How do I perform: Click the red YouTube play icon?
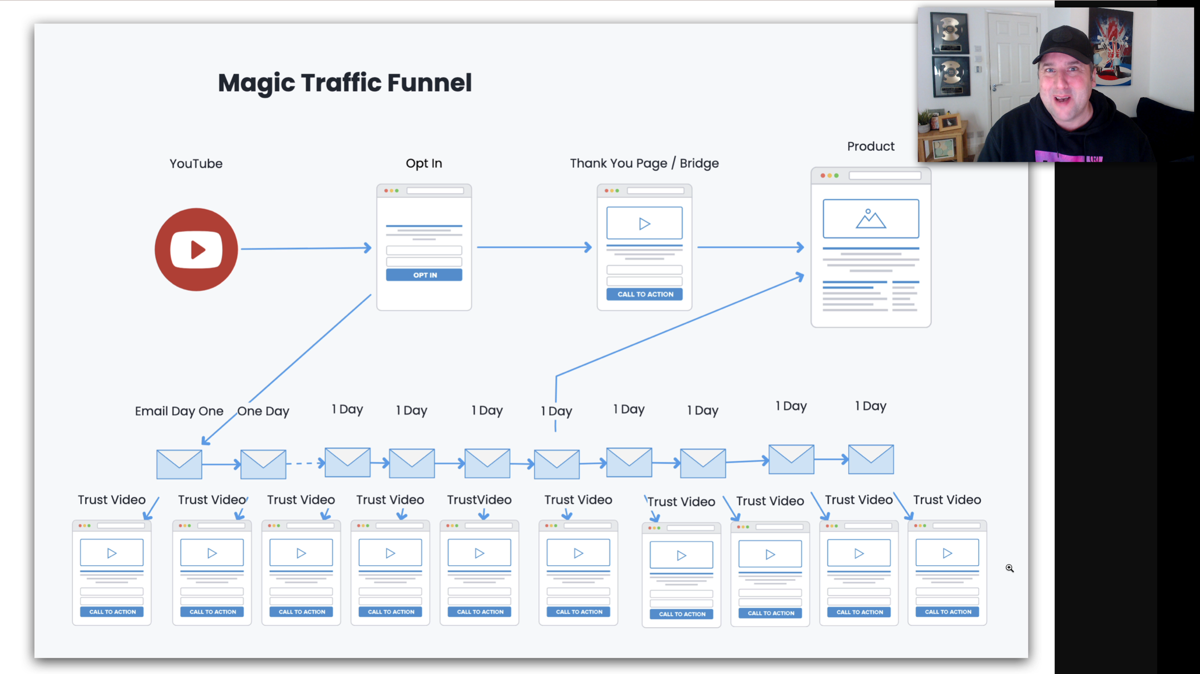pyautogui.click(x=196, y=250)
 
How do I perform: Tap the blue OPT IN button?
pyautogui.click(x=424, y=275)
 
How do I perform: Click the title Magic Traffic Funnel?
pyautogui.click(x=345, y=83)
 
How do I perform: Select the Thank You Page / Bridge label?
pyautogui.click(x=644, y=163)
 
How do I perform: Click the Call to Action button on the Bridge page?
pyautogui.click(x=645, y=294)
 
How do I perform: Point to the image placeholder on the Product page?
pyautogui.click(x=871, y=219)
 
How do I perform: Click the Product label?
pyautogui.click(x=871, y=147)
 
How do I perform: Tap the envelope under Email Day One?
pyautogui.click(x=179, y=464)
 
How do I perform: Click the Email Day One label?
pyautogui.click(x=179, y=411)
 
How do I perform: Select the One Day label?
pyautogui.click(x=263, y=411)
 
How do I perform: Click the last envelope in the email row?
pyautogui.click(x=871, y=459)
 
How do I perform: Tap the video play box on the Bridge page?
pyautogui.click(x=644, y=223)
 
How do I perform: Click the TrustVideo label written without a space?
pyautogui.click(x=479, y=500)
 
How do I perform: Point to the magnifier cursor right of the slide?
pyautogui.click(x=1009, y=568)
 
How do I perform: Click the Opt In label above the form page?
pyautogui.click(x=424, y=163)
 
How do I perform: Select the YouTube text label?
pyautogui.click(x=196, y=164)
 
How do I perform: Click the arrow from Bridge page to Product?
pyautogui.click(x=750, y=247)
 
